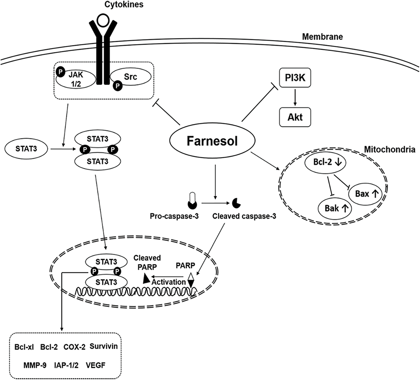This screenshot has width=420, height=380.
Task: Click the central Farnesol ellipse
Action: click(x=212, y=141)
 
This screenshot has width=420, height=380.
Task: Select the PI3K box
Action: click(x=295, y=78)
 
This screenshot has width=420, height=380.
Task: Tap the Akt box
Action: click(x=295, y=117)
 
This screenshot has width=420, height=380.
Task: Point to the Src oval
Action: click(x=131, y=77)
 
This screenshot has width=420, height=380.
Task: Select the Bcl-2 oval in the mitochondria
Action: click(x=325, y=162)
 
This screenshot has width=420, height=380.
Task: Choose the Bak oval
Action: click(x=335, y=208)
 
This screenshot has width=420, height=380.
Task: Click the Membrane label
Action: click(x=322, y=37)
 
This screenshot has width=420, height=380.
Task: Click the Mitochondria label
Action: click(x=389, y=149)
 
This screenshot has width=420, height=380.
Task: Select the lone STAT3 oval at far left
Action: click(x=26, y=149)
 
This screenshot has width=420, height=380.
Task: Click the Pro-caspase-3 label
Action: click(x=174, y=216)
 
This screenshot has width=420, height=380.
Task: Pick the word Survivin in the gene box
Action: click(x=104, y=346)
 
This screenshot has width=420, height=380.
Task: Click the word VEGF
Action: click(x=95, y=365)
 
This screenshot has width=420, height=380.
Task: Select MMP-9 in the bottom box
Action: click(x=35, y=365)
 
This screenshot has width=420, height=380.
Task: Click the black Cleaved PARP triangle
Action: click(x=146, y=279)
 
